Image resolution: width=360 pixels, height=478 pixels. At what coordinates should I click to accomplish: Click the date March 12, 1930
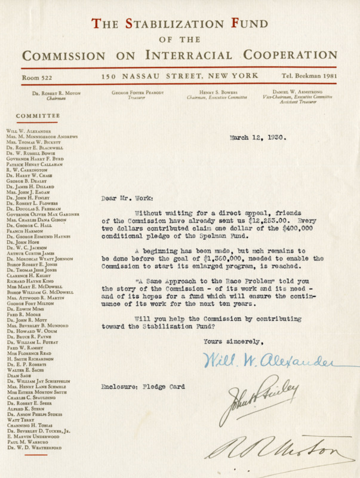click(257, 137)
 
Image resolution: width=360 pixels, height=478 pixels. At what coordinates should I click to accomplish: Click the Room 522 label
click(36, 77)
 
